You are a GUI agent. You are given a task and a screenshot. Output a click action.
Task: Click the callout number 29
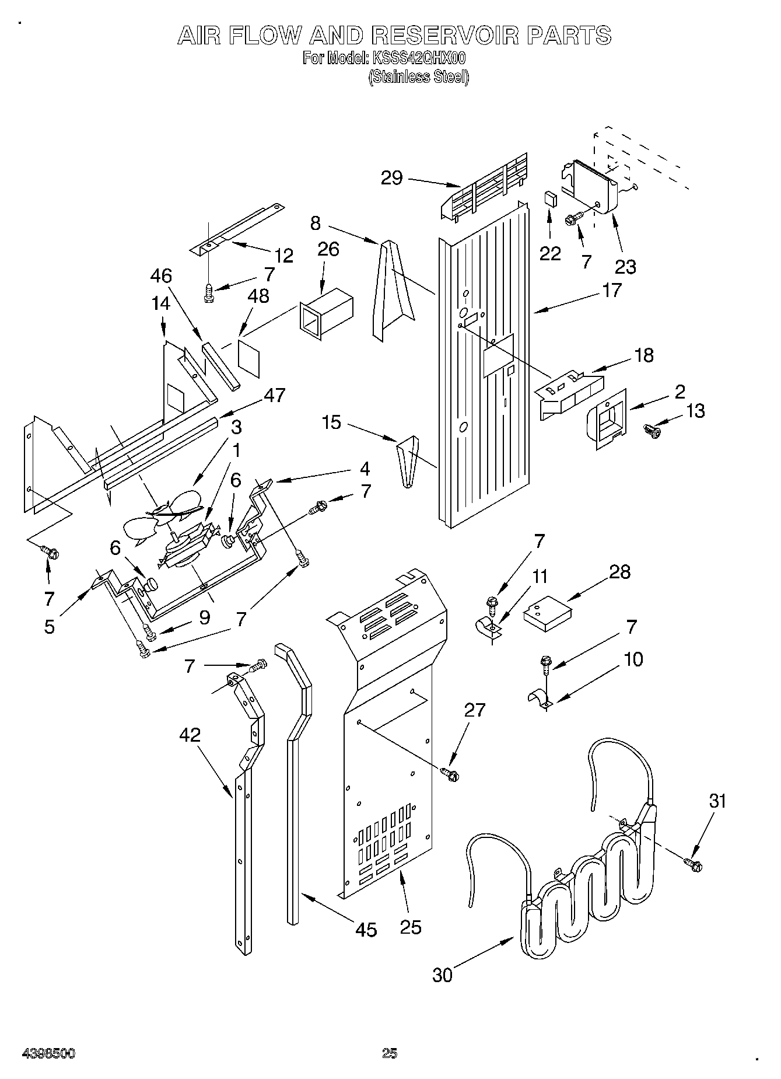click(x=391, y=177)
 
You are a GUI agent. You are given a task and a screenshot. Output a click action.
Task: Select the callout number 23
click(x=625, y=266)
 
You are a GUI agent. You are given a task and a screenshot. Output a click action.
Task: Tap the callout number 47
click(x=274, y=395)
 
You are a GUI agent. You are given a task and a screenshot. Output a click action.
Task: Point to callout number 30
click(x=443, y=975)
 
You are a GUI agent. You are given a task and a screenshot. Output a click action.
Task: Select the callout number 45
click(x=366, y=930)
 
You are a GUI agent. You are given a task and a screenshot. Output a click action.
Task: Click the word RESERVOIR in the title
click(x=444, y=36)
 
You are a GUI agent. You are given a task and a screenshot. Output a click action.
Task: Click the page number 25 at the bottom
click(x=389, y=1053)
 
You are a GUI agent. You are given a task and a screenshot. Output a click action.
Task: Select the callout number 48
click(x=258, y=296)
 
